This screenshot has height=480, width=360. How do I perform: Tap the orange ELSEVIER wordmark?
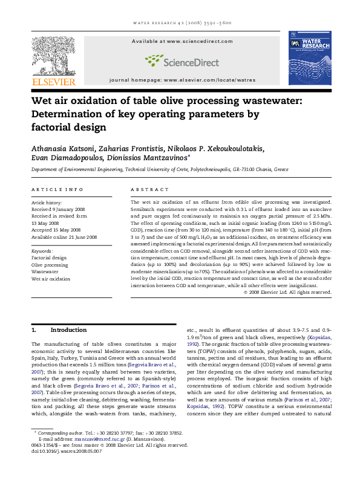click(x=53, y=81)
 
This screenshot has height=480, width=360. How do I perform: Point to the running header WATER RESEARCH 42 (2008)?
click(x=180, y=23)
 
